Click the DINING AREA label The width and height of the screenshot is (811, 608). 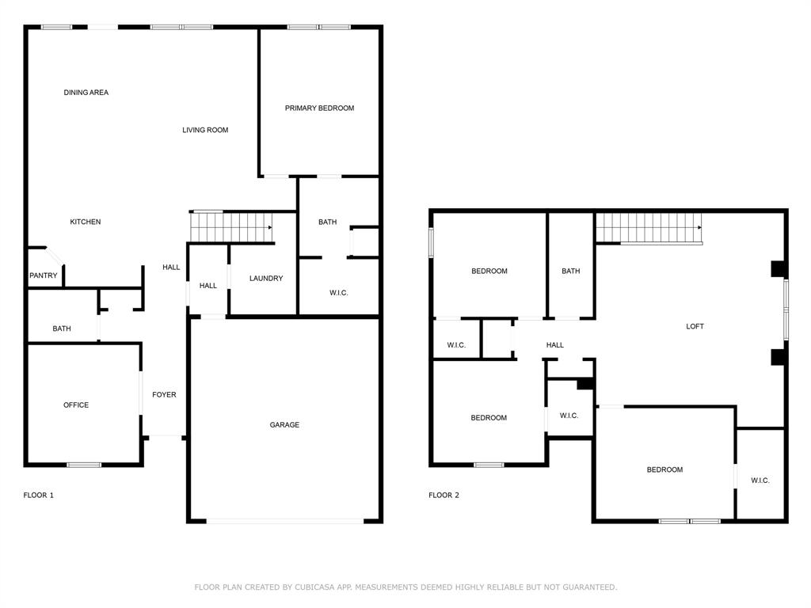[x=86, y=93]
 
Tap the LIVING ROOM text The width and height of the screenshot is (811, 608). [x=205, y=130]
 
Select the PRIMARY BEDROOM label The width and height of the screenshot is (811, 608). [x=319, y=108]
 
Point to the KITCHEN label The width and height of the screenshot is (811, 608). [x=86, y=222]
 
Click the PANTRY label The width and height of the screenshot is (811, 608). [x=43, y=275]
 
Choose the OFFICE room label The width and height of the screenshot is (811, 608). [x=76, y=405]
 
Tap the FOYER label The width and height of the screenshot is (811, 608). [x=164, y=394]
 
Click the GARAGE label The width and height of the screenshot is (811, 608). [x=284, y=425]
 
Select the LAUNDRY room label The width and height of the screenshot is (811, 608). [x=265, y=278]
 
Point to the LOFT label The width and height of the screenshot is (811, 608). [x=695, y=326]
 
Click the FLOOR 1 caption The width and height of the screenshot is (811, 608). [x=38, y=495]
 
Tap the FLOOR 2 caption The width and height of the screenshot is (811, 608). [x=444, y=495]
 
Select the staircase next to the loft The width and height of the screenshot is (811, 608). [x=649, y=229]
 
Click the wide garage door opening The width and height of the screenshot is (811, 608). [x=285, y=521]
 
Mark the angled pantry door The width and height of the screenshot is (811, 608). [x=54, y=256]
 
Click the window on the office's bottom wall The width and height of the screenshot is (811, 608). [x=83, y=465]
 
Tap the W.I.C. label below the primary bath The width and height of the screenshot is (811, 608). [x=338, y=293]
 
